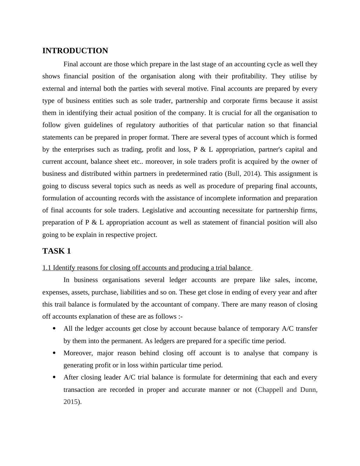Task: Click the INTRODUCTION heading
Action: coord(75,51)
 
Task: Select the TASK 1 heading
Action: coord(57,251)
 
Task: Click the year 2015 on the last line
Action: coord(70,402)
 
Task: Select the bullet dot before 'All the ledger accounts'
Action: coord(54,329)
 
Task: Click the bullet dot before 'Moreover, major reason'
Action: coord(54,353)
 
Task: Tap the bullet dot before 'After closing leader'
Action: coord(54,377)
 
